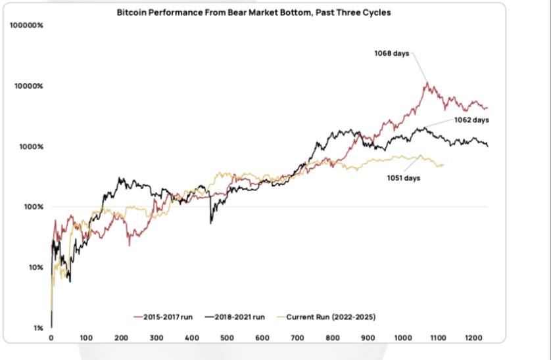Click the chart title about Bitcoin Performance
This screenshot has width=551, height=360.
point(254,12)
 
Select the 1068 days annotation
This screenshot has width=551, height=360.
point(392,53)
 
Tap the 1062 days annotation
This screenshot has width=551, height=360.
point(471,120)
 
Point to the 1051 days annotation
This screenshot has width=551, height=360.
point(403,177)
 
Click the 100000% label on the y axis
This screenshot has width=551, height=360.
point(27,26)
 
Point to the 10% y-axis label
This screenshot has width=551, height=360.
point(35,267)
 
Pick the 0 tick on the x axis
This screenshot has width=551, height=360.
point(51,339)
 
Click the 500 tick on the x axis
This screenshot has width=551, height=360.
point(227,339)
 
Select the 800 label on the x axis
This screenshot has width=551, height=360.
point(332,339)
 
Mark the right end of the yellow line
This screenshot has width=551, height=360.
point(443,165)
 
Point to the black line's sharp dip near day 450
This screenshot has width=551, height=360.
point(211,223)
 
